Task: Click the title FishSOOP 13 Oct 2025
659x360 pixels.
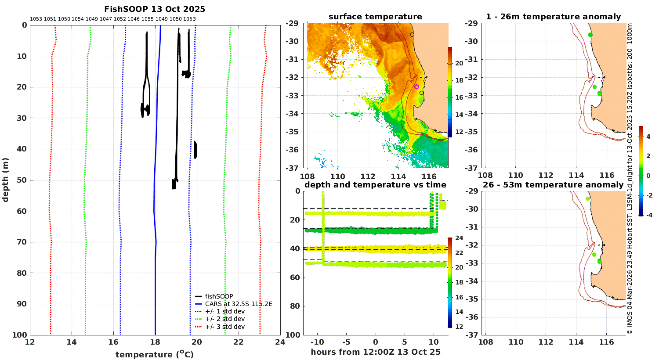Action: click(155, 9)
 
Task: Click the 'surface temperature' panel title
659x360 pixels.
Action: click(375, 17)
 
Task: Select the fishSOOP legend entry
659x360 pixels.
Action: click(214, 296)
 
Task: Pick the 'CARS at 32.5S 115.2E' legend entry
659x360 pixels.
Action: click(234, 304)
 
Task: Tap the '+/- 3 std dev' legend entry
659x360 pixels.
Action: click(220, 327)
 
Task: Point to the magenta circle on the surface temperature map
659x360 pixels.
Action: click(416, 86)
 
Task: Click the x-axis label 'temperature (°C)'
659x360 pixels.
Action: click(155, 354)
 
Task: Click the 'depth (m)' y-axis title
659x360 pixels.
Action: click(5, 180)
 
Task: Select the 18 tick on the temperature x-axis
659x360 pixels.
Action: click(155, 342)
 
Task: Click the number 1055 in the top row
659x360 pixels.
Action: click(147, 19)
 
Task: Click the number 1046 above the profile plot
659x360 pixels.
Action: click(134, 19)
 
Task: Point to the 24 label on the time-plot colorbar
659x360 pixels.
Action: click(459, 238)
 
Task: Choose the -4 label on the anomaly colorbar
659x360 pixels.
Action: click(648, 215)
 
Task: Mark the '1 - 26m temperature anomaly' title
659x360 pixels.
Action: click(554, 17)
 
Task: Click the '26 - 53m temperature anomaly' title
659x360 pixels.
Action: click(553, 185)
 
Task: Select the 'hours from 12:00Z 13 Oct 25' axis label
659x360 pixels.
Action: click(376, 352)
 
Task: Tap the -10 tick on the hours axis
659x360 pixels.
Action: click(317, 342)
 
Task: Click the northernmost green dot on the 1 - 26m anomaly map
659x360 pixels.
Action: click(590, 35)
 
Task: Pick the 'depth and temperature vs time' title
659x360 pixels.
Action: click(375, 185)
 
